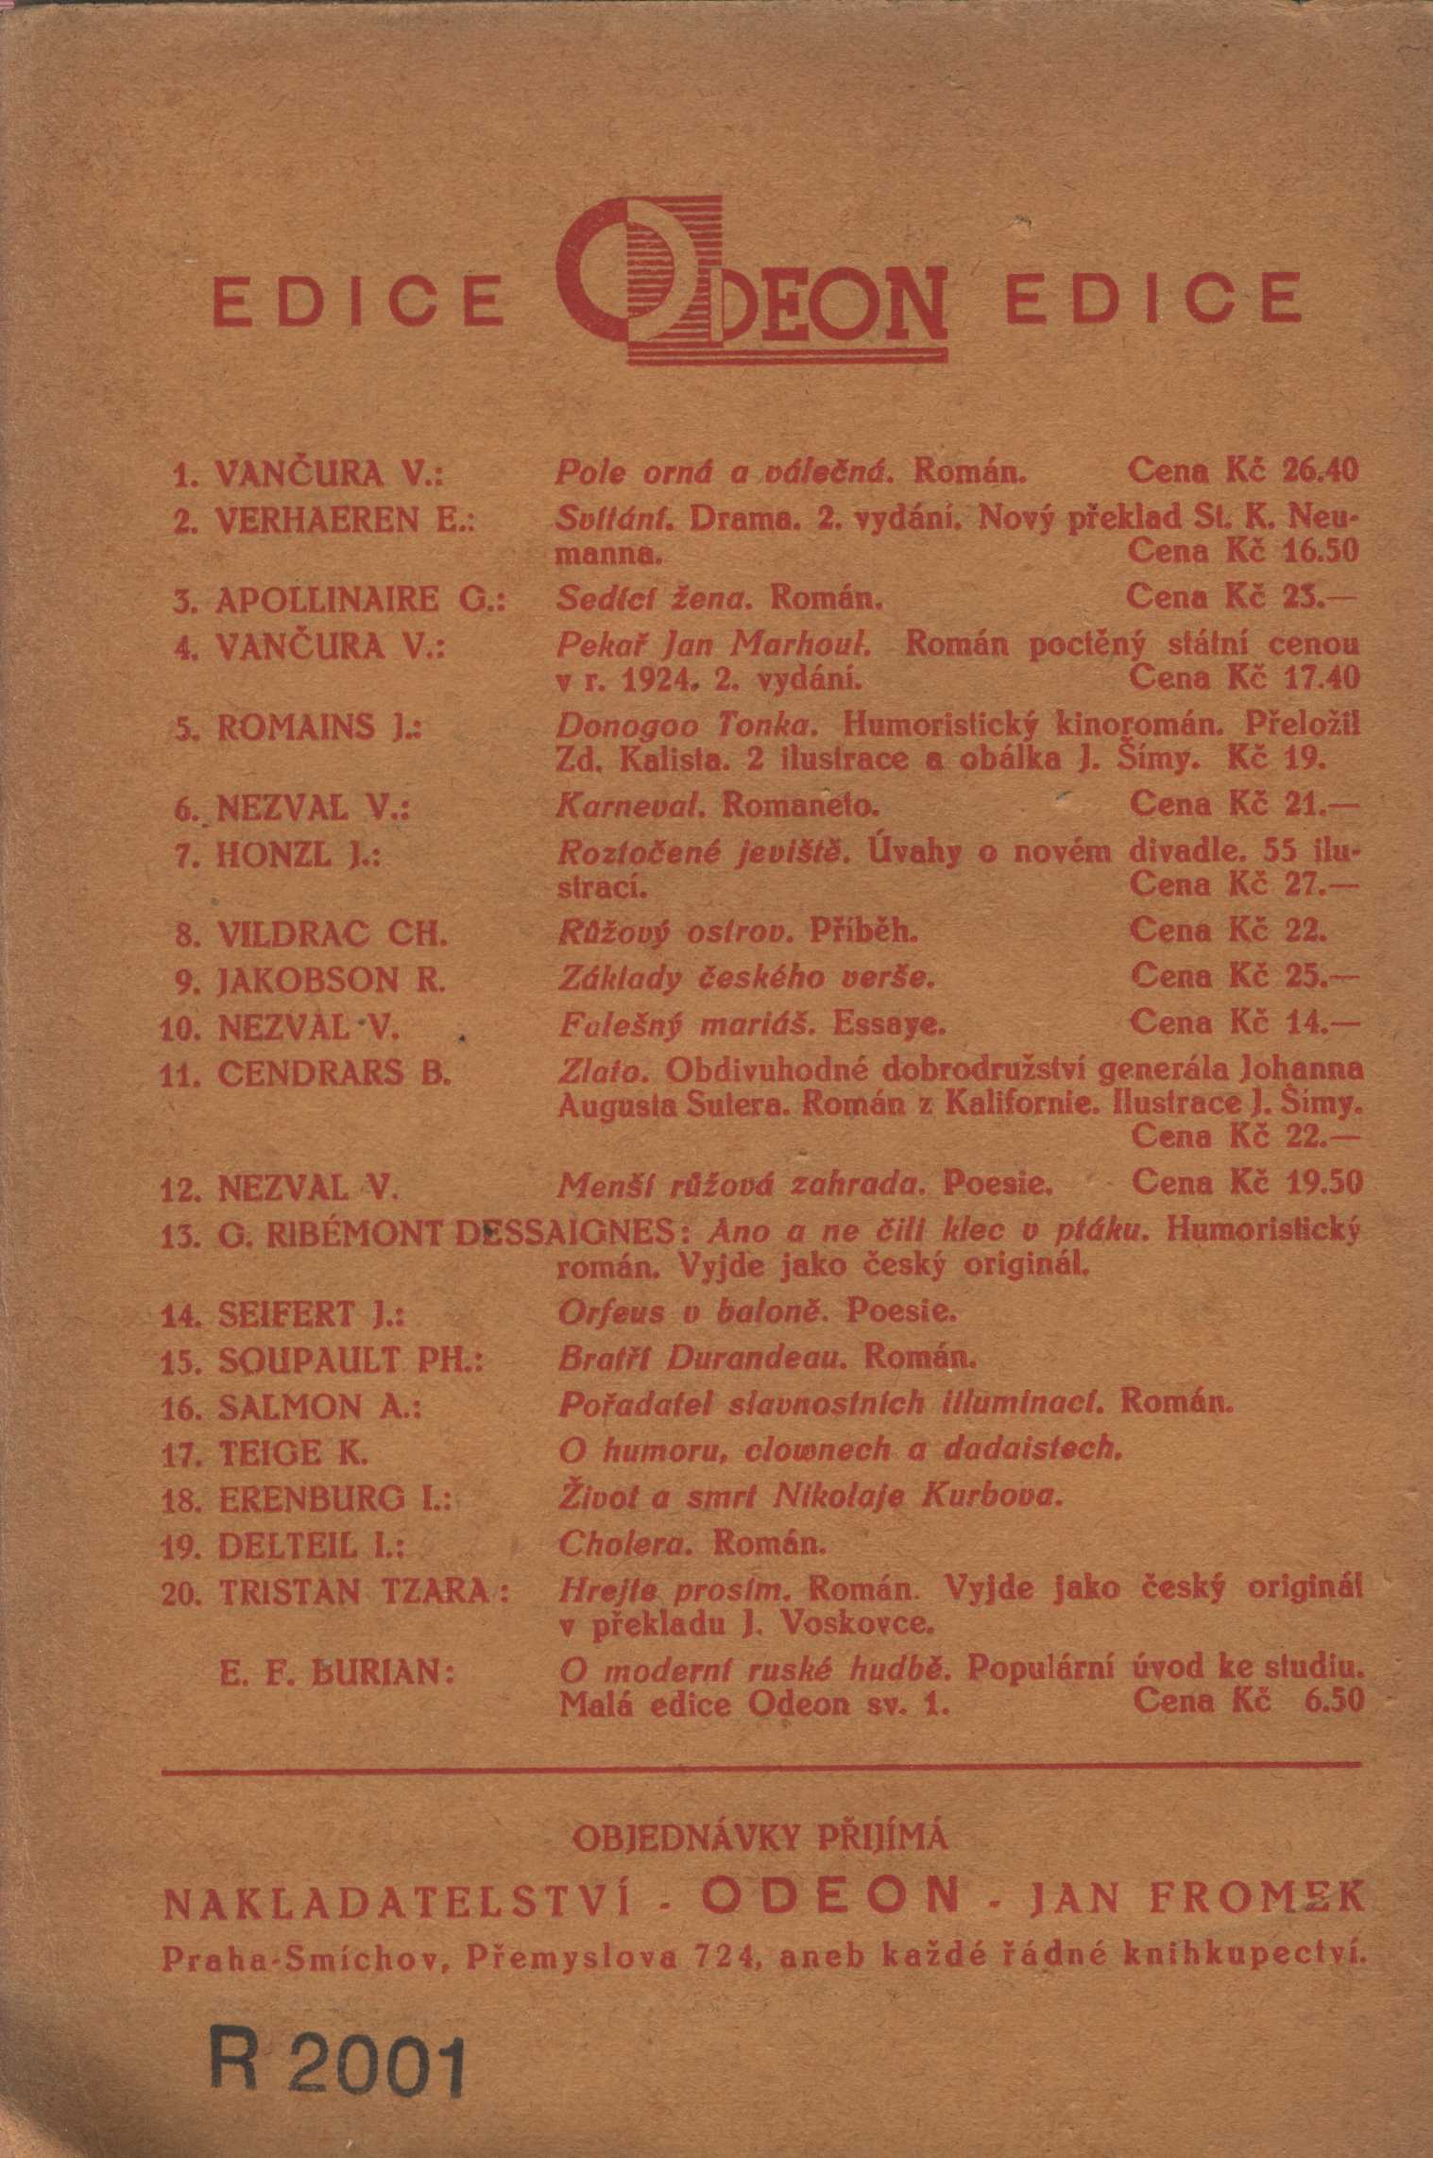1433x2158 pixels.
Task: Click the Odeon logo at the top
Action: click(x=752, y=283)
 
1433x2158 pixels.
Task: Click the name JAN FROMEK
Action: click(x=1197, y=1898)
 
